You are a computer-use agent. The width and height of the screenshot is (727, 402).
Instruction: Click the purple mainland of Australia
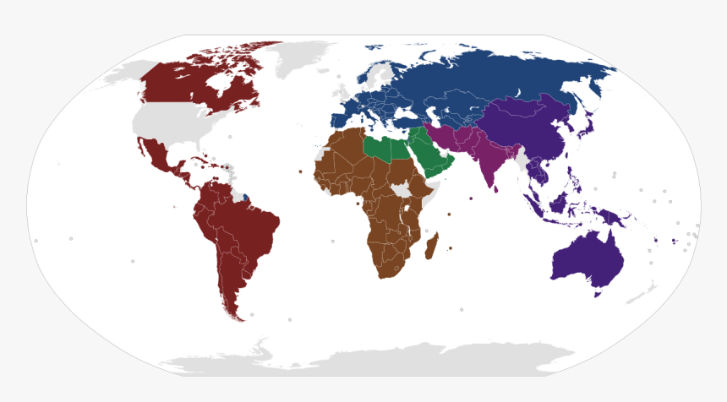click(x=588, y=258)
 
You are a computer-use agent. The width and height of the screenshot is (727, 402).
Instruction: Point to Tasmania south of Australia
click(x=598, y=292)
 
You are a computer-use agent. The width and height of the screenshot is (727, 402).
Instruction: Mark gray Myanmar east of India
click(x=523, y=158)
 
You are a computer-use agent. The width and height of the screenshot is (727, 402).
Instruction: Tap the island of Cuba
click(x=199, y=159)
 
